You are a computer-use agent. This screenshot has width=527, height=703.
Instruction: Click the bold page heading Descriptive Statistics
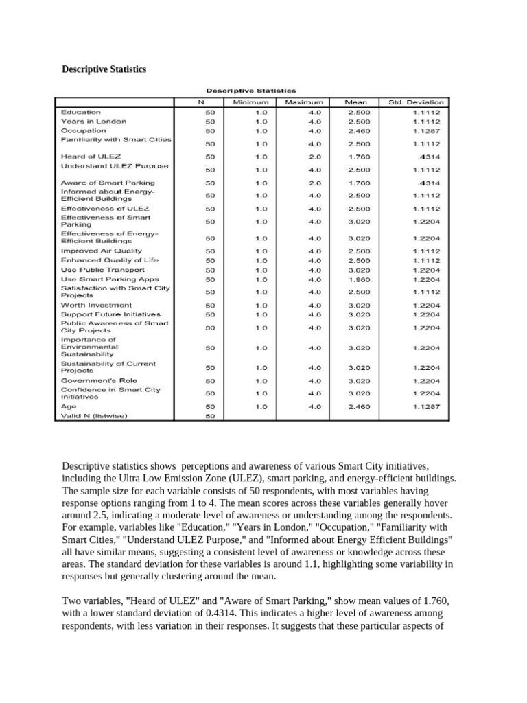tap(104, 69)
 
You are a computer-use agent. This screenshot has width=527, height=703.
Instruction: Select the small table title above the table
tap(251, 89)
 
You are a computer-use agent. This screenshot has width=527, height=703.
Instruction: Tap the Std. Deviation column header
tap(416, 102)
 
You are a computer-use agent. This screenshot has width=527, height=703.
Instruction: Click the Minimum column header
tap(250, 102)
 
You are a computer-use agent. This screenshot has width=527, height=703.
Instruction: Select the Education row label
tap(81, 112)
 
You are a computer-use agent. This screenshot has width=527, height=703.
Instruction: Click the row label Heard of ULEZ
tap(91, 157)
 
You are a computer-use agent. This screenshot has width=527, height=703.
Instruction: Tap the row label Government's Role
tap(99, 380)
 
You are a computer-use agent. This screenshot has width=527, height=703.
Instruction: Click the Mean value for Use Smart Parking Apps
tap(360, 279)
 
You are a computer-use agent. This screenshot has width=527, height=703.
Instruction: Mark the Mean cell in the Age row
tap(360, 406)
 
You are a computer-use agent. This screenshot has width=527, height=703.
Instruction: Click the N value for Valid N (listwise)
tap(210, 415)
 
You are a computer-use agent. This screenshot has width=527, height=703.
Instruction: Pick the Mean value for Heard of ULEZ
tap(360, 157)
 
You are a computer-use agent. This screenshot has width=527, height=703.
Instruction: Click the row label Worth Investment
tap(97, 305)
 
